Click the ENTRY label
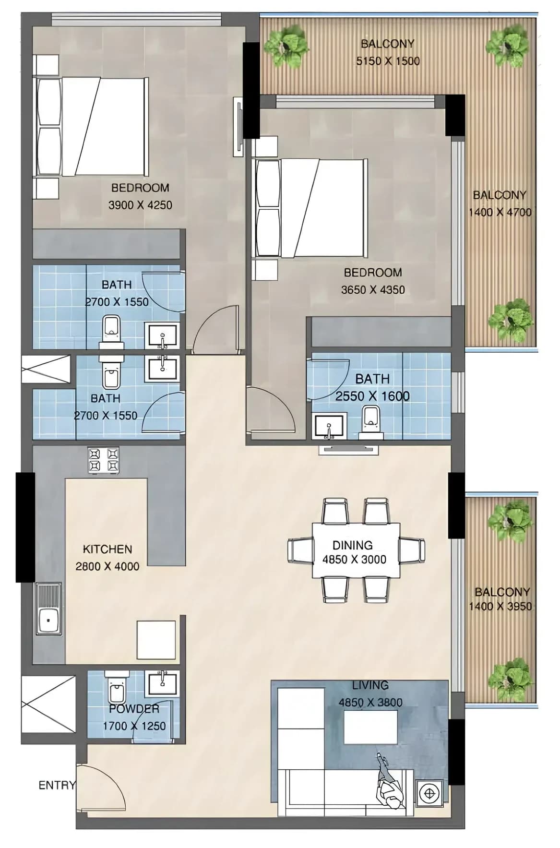(57, 785)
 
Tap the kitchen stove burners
(103, 460)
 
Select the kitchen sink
(48, 609)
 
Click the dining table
(356, 550)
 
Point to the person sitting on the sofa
(389, 785)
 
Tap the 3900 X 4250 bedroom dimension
(140, 205)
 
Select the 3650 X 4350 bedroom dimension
(373, 290)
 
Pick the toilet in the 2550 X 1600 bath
(371, 422)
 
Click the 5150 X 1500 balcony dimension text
(388, 61)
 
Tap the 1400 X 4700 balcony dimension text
(500, 212)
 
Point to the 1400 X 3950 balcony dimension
(500, 606)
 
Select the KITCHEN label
(107, 549)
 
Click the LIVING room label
(370, 685)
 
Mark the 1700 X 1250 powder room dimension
(134, 726)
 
